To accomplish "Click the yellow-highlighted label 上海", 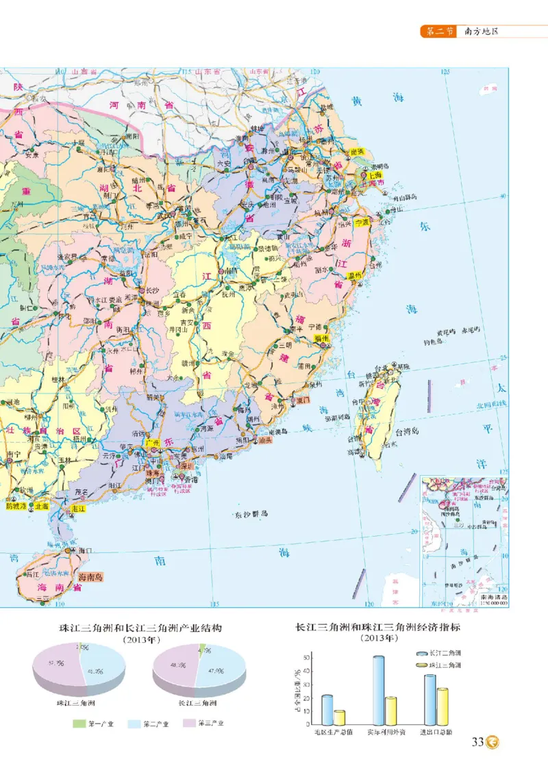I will [x=374, y=175].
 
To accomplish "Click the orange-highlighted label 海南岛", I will [x=90, y=577].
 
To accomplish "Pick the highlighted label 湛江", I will [x=80, y=509].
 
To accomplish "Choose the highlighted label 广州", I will [x=155, y=444].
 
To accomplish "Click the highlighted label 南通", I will [x=356, y=152].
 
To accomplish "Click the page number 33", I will [x=477, y=742].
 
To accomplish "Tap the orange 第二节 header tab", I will [x=436, y=31].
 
